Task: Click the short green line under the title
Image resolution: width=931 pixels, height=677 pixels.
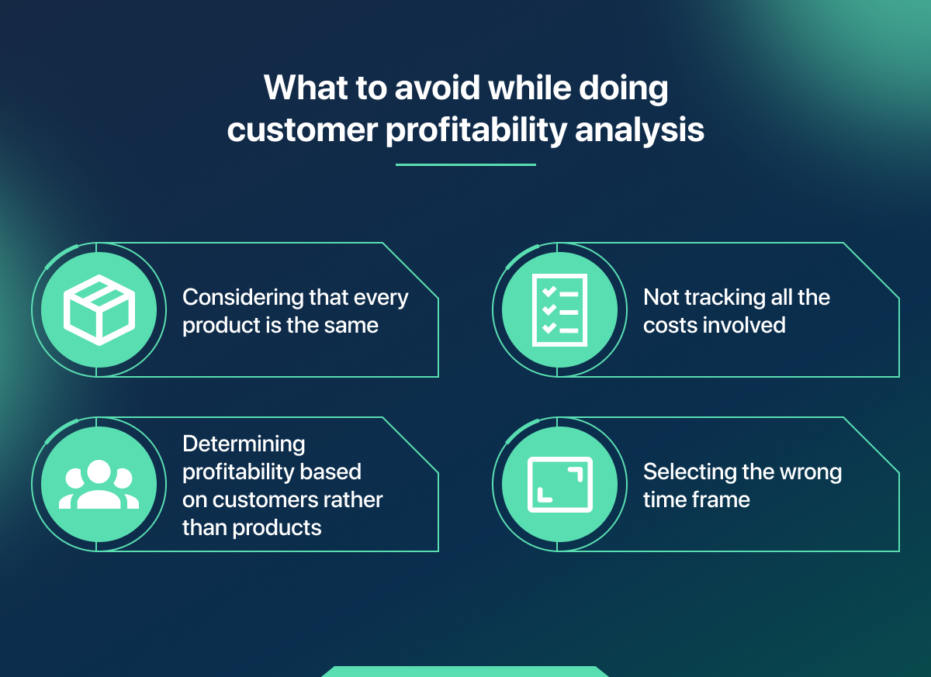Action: pyautogui.click(x=465, y=164)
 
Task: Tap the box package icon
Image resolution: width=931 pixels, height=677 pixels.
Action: pyautogui.click(x=99, y=310)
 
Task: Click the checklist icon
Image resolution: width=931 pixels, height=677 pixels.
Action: pyautogui.click(x=559, y=310)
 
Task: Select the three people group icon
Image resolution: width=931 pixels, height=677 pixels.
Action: pyautogui.click(x=99, y=485)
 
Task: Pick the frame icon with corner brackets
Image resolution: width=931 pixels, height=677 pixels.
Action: pyautogui.click(x=559, y=485)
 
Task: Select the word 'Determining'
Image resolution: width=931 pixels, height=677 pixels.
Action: pyautogui.click(x=244, y=444)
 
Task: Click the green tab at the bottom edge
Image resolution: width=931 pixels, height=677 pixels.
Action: pyautogui.click(x=465, y=672)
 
